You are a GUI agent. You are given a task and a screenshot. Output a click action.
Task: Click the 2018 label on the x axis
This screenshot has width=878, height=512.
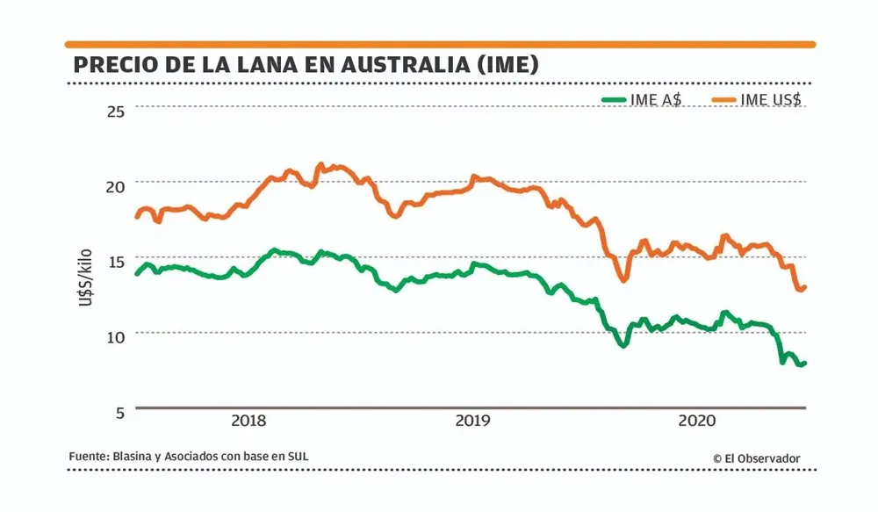[249, 421]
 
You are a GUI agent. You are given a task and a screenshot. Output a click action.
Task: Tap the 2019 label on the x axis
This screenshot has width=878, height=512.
[473, 421]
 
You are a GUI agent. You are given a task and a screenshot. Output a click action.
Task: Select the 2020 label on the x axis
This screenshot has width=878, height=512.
[698, 421]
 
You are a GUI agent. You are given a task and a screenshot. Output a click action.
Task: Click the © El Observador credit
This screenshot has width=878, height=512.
[756, 458]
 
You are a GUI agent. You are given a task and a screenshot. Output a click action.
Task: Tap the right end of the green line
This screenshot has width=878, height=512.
[804, 363]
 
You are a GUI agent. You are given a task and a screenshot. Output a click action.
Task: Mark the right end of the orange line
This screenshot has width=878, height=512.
[804, 286]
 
